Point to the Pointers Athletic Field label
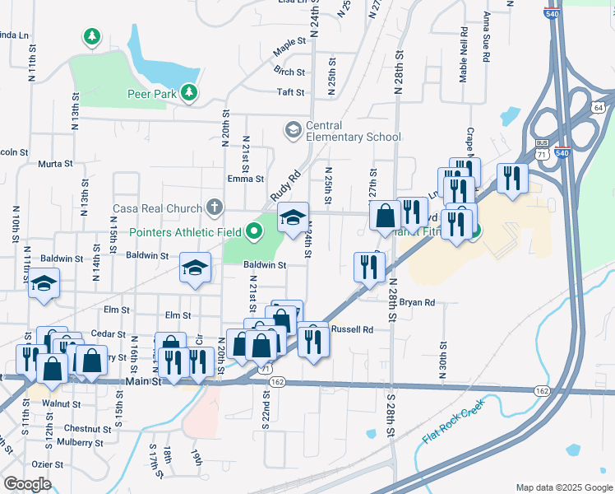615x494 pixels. [185, 232]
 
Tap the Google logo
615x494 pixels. [27, 483]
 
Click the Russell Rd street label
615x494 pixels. [353, 329]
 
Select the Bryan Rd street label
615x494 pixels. [417, 303]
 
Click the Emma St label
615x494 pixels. [246, 179]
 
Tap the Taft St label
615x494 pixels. [291, 92]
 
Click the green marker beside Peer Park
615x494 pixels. [190, 92]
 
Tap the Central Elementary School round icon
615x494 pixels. [293, 130]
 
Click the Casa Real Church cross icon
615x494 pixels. [215, 207]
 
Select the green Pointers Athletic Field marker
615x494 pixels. [254, 232]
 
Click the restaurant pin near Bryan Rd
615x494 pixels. [369, 267]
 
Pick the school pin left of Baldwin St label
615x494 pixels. [195, 268]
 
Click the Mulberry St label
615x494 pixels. [81, 442]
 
